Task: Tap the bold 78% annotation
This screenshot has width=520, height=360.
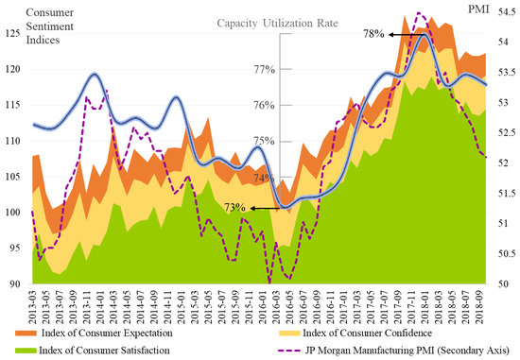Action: [373, 34]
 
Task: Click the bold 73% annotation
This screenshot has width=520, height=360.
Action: [235, 206]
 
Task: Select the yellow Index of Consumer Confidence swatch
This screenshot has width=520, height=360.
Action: [280, 334]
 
